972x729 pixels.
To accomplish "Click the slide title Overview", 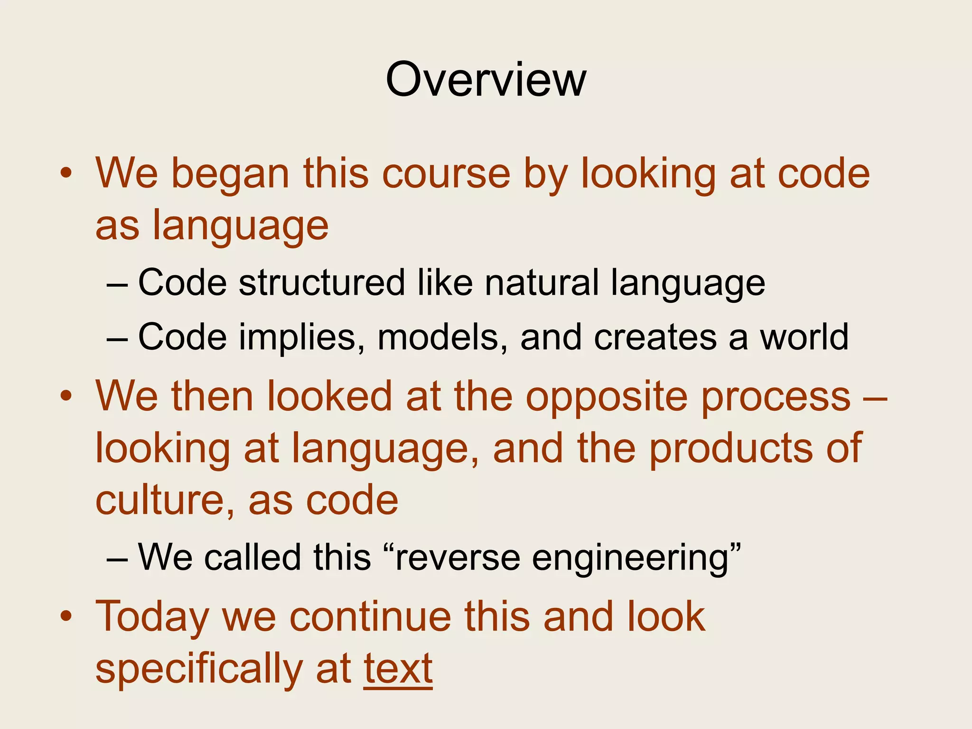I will [486, 80].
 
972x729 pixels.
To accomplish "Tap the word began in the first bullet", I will [230, 175].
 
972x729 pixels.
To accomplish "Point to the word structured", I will [322, 283].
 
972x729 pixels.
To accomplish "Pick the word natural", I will [542, 283].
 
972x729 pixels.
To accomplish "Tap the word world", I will [804, 337].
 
